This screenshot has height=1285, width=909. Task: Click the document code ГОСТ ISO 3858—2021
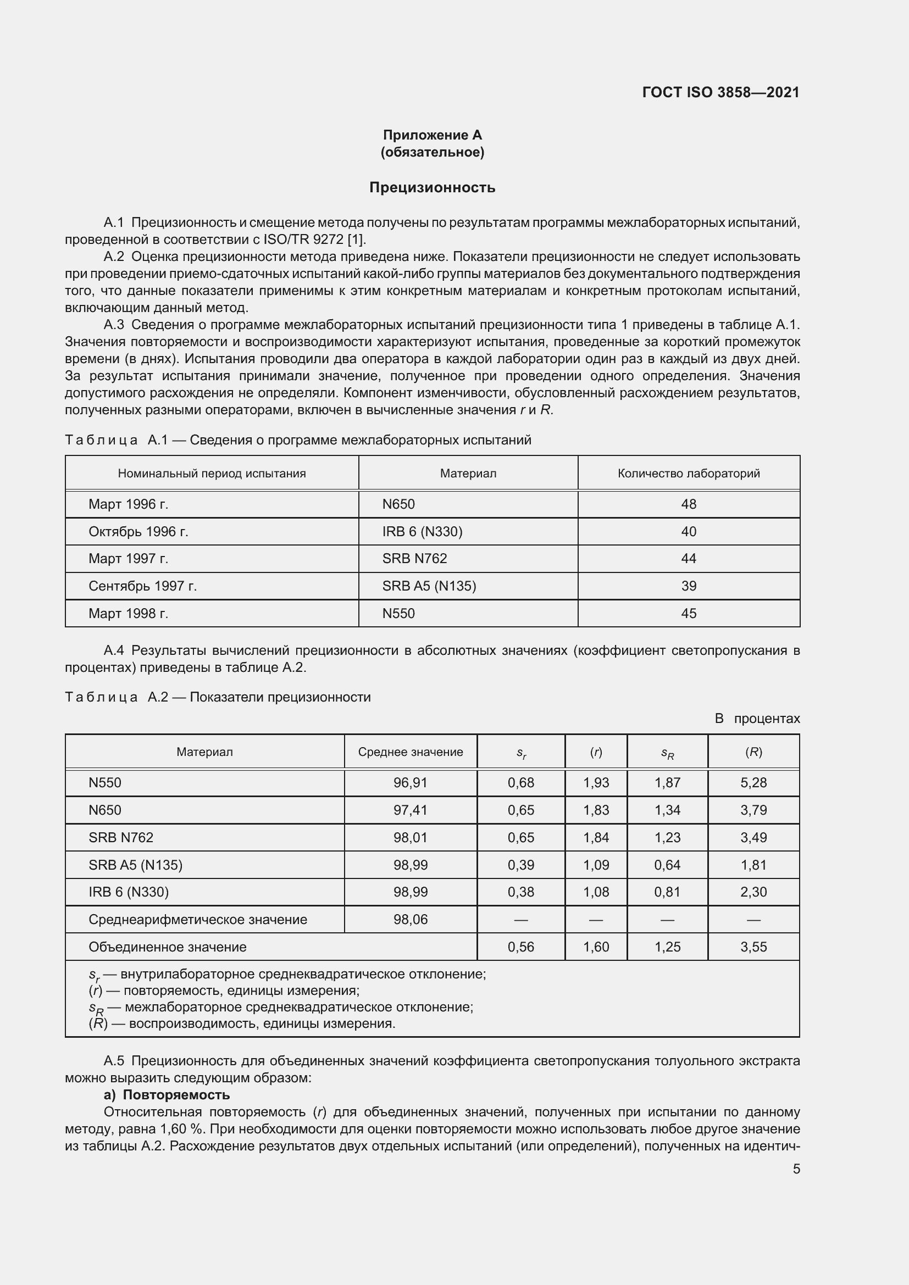[x=720, y=92]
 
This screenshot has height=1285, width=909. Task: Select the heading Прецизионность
[x=432, y=187]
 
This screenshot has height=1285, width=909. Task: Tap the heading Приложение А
[x=432, y=135]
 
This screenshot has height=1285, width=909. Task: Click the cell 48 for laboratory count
[x=689, y=504]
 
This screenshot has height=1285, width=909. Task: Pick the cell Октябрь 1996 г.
[x=138, y=532]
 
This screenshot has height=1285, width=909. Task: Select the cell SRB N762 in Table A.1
[x=414, y=559]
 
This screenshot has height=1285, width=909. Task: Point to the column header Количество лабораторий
[x=689, y=474]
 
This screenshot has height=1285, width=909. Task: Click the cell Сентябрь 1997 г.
[x=143, y=586]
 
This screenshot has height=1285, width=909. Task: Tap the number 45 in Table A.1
[x=689, y=614]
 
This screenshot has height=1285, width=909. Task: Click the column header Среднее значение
[x=411, y=752]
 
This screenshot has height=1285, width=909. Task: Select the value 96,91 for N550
[x=411, y=782]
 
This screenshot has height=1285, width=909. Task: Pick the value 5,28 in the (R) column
[x=753, y=782]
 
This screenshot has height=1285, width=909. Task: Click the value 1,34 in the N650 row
[x=667, y=810]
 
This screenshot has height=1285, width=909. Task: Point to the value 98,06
[x=411, y=920]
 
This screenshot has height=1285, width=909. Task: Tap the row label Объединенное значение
[x=168, y=947]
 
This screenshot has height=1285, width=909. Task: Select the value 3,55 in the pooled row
[x=753, y=947]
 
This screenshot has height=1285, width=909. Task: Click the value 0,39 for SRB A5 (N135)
[x=520, y=865]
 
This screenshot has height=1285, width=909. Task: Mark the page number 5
[x=796, y=1169]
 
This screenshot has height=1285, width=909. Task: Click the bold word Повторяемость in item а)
[x=176, y=1095]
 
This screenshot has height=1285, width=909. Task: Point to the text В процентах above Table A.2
[x=757, y=719]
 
